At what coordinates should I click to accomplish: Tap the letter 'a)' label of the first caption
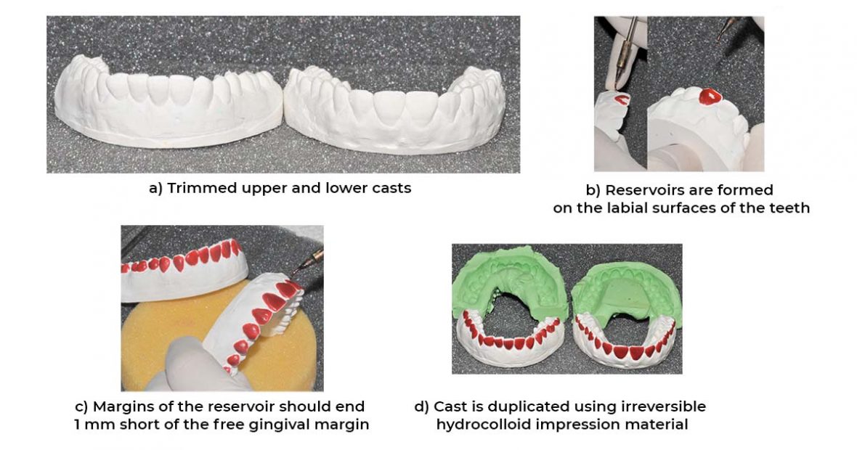[156, 188]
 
